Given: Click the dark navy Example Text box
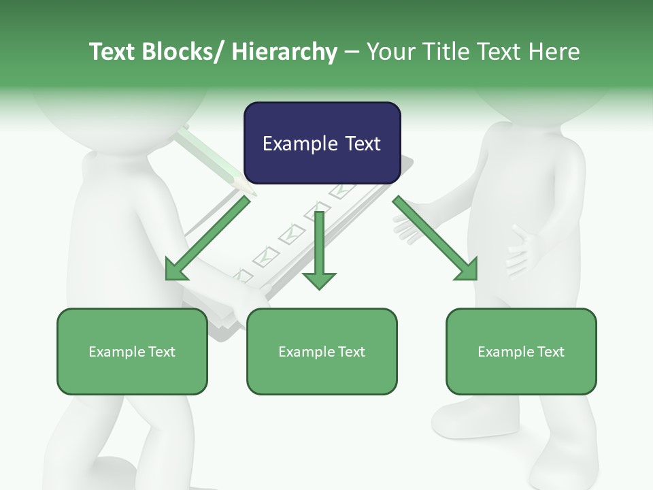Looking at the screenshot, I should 322,143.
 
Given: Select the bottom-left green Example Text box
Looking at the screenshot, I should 132,351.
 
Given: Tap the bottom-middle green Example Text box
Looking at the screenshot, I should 322,351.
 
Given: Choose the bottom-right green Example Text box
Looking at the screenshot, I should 521,351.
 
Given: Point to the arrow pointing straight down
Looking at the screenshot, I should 319,252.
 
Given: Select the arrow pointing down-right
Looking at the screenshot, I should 435,239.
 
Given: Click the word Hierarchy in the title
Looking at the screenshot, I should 284,52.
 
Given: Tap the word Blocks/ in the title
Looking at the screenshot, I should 184,52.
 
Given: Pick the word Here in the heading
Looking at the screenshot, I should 555,52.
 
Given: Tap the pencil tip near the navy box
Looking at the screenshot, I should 250,191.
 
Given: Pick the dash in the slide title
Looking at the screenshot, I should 352,52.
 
